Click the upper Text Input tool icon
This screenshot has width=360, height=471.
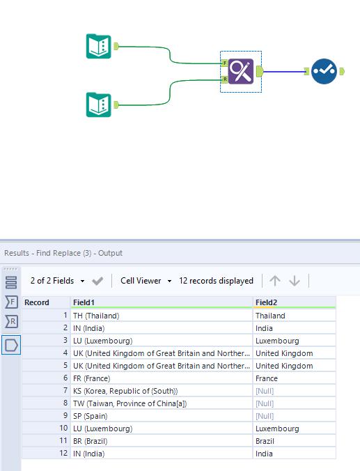click(99, 46)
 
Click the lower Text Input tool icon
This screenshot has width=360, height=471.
click(99, 105)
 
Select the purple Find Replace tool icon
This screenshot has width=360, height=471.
click(241, 71)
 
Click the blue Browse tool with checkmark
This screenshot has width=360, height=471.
click(324, 71)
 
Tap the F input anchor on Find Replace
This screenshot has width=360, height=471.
click(224, 63)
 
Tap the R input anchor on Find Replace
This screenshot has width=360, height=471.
click(224, 79)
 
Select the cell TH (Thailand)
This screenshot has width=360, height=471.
click(97, 316)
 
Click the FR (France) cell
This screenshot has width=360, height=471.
click(92, 378)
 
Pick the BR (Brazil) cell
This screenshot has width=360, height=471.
click(91, 441)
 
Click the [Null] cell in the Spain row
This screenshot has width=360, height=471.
click(265, 416)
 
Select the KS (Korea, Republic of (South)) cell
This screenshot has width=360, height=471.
click(125, 391)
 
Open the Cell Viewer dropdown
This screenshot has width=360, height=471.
click(146, 281)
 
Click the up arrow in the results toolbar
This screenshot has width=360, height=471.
click(275, 281)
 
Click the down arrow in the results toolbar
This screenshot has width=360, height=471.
click(295, 281)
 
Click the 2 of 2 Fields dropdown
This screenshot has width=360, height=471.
click(57, 281)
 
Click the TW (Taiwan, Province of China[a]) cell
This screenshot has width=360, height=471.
click(130, 403)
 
